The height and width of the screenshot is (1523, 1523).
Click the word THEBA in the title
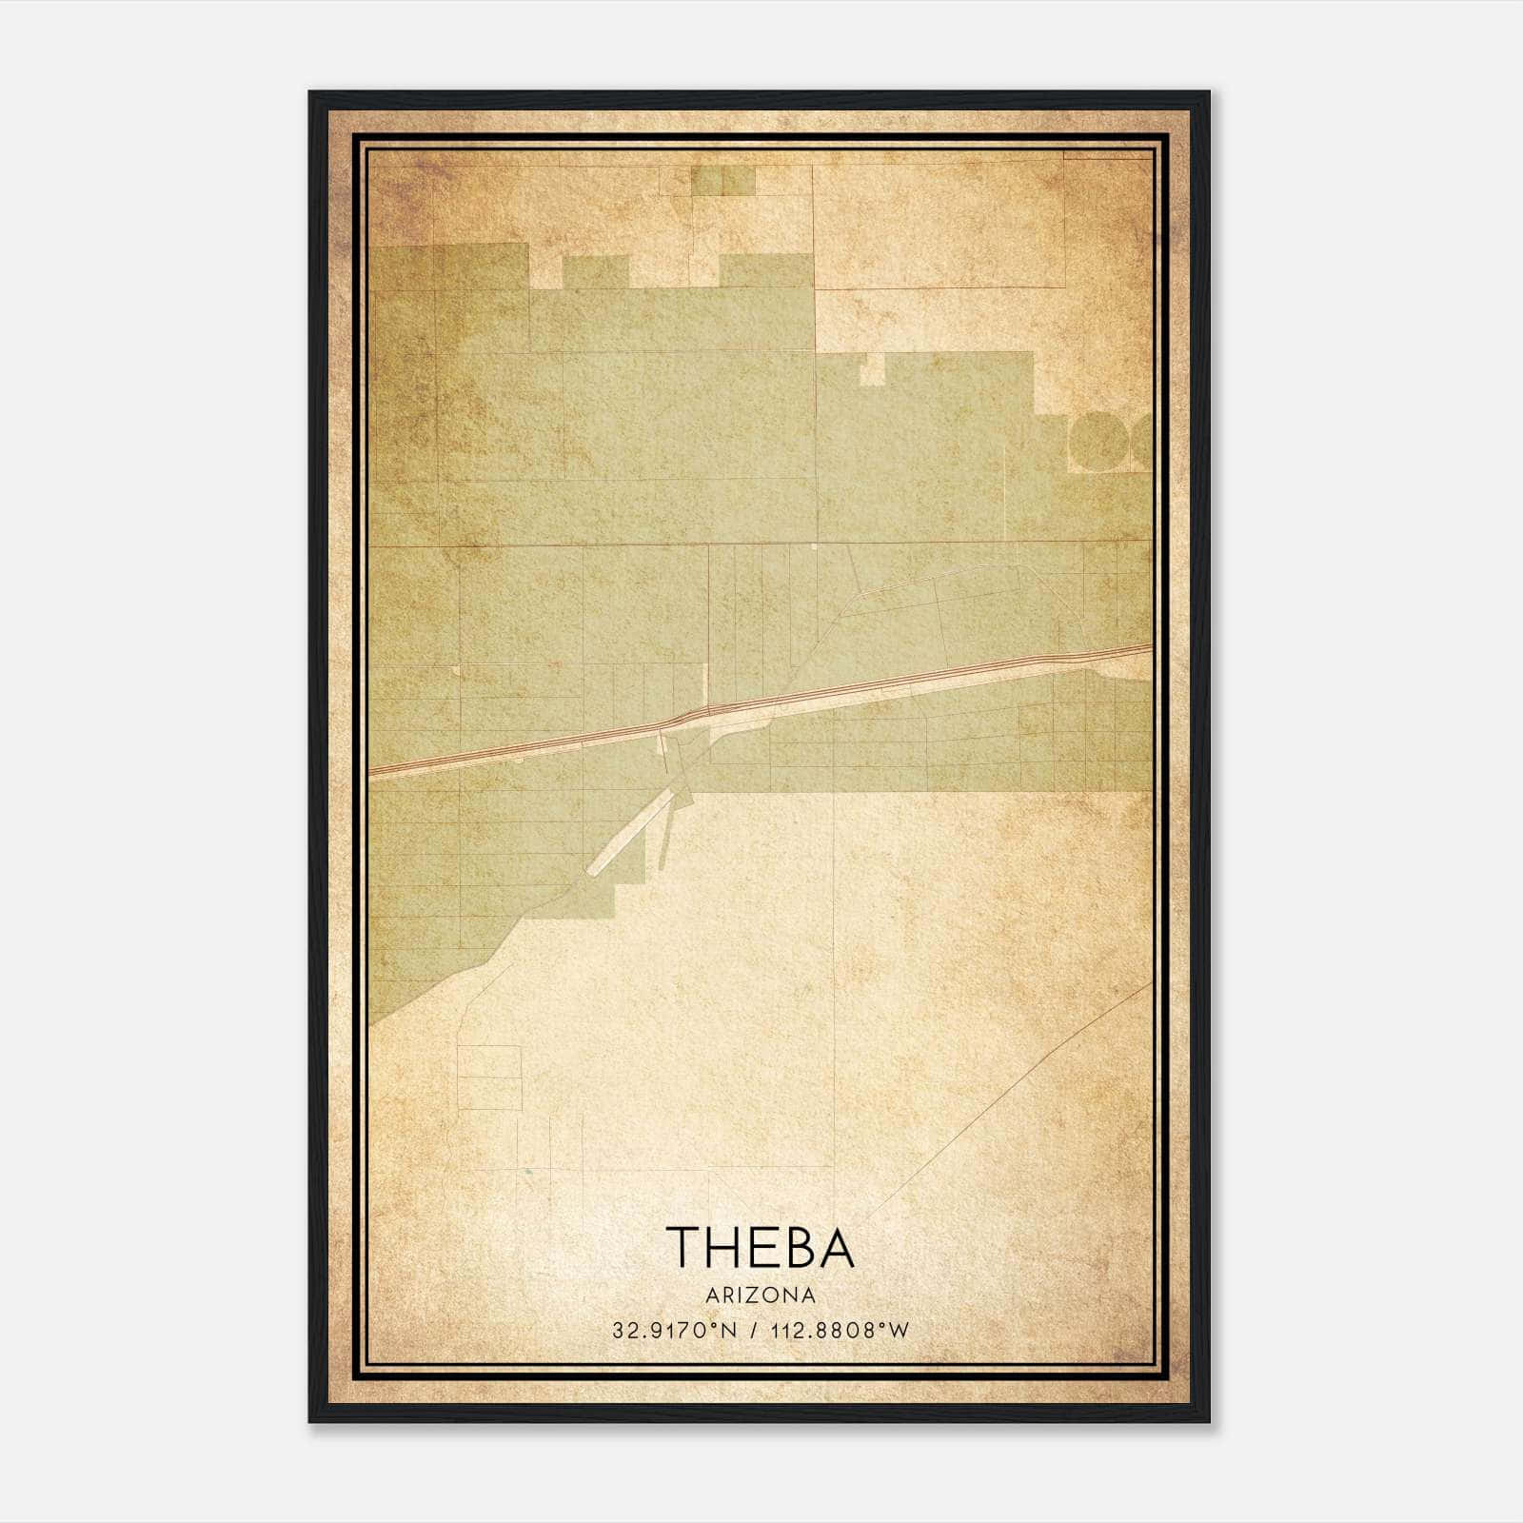(x=760, y=1247)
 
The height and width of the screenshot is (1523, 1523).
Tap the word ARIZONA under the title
(x=761, y=1296)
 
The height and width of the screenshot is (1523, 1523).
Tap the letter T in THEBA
(x=683, y=1247)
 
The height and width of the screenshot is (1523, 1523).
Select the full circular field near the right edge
(x=1098, y=441)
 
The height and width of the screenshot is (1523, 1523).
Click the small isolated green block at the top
(x=722, y=181)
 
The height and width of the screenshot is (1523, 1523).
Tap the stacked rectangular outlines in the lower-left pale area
(x=489, y=1078)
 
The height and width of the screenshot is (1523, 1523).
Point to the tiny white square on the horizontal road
(x=815, y=546)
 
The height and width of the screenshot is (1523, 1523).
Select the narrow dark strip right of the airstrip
(x=663, y=838)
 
